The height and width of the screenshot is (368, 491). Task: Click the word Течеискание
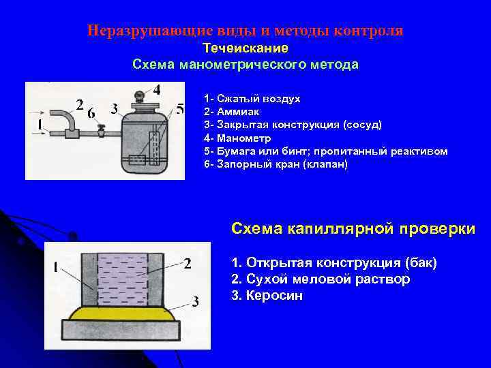(x=245, y=48)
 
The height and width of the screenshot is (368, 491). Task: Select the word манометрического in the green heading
(x=245, y=65)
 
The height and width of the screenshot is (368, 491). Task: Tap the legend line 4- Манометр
(x=238, y=138)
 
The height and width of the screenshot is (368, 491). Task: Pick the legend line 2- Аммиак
(x=232, y=112)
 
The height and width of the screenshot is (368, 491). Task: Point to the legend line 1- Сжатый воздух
(x=252, y=99)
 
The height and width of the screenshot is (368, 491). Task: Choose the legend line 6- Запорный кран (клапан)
(x=276, y=164)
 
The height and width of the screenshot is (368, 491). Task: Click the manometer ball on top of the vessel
(x=139, y=94)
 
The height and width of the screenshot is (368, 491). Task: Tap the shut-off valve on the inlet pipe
(x=101, y=130)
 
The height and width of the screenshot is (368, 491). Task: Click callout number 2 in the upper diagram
(x=80, y=105)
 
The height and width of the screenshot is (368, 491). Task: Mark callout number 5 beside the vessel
(x=180, y=110)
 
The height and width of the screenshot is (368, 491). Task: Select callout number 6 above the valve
(x=91, y=113)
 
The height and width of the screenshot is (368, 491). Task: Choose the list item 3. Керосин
(x=267, y=295)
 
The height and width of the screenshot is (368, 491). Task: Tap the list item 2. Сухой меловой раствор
(x=321, y=279)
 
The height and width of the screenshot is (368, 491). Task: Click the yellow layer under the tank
(x=122, y=313)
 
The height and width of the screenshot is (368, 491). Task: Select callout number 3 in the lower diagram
(x=196, y=302)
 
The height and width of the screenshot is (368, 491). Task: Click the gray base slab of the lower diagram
(x=121, y=330)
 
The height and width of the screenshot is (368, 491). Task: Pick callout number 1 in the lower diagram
(x=55, y=268)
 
